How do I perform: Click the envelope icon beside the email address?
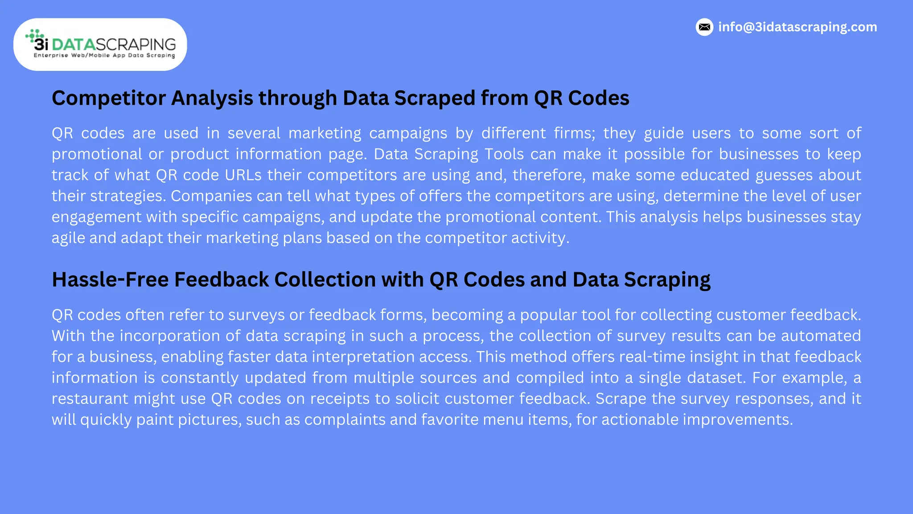tap(704, 27)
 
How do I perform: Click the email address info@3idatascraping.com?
tap(798, 27)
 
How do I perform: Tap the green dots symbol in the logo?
tap(34, 35)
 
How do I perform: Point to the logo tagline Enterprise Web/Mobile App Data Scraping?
tap(104, 56)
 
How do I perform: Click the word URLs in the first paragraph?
tap(243, 175)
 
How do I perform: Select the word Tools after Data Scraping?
tap(504, 154)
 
